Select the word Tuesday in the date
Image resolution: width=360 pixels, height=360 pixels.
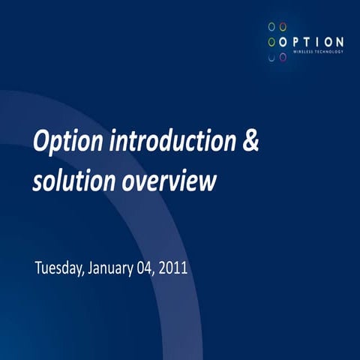pyautogui.click(x=61, y=268)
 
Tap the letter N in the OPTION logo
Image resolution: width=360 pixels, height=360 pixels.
pyautogui.click(x=340, y=41)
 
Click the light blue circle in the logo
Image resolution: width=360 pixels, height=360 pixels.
pyautogui.click(x=271, y=26)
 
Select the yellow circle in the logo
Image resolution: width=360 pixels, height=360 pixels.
pyautogui.click(x=283, y=26)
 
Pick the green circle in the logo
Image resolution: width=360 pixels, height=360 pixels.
pyautogui.click(x=271, y=41)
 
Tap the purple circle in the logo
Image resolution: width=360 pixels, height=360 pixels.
pyautogui.click(x=283, y=57)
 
